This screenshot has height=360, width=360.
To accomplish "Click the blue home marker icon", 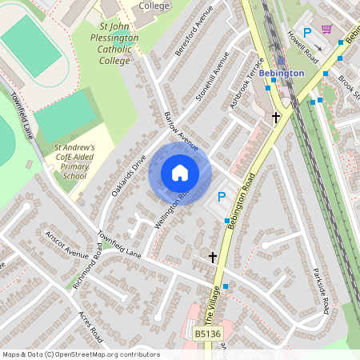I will (x=180, y=173).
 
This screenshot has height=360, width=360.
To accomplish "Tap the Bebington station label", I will (x=281, y=74).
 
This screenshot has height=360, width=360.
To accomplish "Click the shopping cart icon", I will (x=326, y=30).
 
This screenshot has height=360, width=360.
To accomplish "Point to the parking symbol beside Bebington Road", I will (x=223, y=196).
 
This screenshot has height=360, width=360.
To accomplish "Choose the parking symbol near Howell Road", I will (x=306, y=33).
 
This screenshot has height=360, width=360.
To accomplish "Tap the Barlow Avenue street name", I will (x=180, y=130).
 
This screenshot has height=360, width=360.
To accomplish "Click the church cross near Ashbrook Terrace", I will (x=276, y=118).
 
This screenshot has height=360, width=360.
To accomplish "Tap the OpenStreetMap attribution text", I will (x=81, y=354).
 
